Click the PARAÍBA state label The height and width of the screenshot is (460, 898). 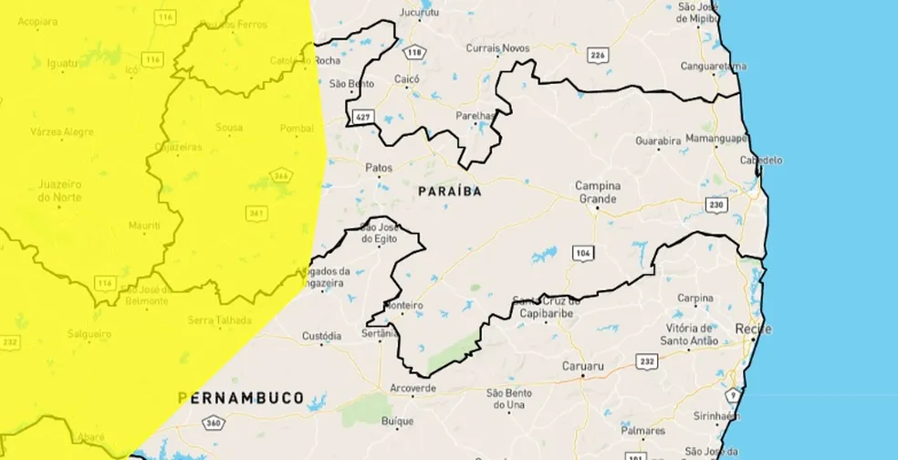pyautogui.click(x=449, y=193)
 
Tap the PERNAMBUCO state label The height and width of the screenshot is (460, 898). pyautogui.click(x=241, y=398)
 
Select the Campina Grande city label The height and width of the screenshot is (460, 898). pyautogui.click(x=598, y=192)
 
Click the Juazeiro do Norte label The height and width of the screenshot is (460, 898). pyautogui.click(x=60, y=190)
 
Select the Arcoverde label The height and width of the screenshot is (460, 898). pyautogui.click(x=413, y=388)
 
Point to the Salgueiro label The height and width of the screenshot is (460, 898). pyautogui.click(x=89, y=334)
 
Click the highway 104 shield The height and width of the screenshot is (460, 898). pyautogui.click(x=582, y=251)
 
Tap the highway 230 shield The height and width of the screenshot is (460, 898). pyautogui.click(x=716, y=204)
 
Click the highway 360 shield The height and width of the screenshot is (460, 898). pyautogui.click(x=214, y=423)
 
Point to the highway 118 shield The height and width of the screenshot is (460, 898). pyautogui.click(x=415, y=52)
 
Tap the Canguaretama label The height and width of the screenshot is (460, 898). pyautogui.click(x=714, y=66)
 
